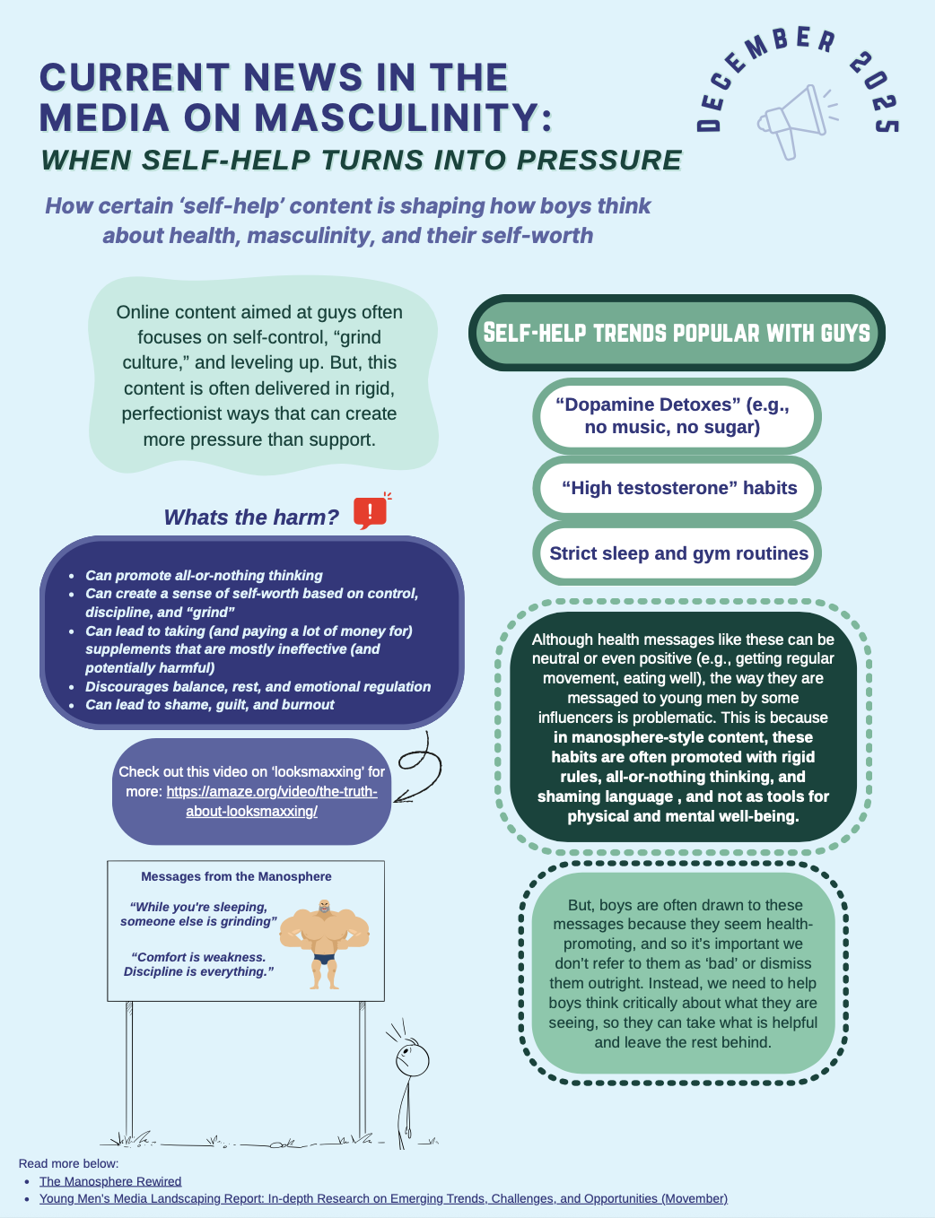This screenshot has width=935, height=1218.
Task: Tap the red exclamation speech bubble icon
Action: [370, 512]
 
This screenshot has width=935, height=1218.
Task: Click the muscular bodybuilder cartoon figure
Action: [325, 943]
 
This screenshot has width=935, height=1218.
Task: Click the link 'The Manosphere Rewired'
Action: [110, 1181]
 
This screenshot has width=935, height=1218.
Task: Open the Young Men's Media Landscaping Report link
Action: [383, 1198]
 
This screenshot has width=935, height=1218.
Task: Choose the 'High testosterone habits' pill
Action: [678, 488]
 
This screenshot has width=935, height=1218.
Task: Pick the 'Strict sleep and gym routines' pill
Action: [678, 553]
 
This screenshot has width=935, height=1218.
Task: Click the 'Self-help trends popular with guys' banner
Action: [677, 333]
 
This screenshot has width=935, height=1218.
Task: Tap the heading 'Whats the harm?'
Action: [251, 518]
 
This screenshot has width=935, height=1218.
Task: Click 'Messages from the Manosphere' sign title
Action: [236, 876]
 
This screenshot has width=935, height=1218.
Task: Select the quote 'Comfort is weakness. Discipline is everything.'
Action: [198, 964]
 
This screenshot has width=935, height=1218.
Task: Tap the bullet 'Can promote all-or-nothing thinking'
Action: [204, 575]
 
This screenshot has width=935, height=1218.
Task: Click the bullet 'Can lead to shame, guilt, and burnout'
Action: [209, 705]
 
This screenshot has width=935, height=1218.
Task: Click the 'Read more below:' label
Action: [68, 1163]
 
